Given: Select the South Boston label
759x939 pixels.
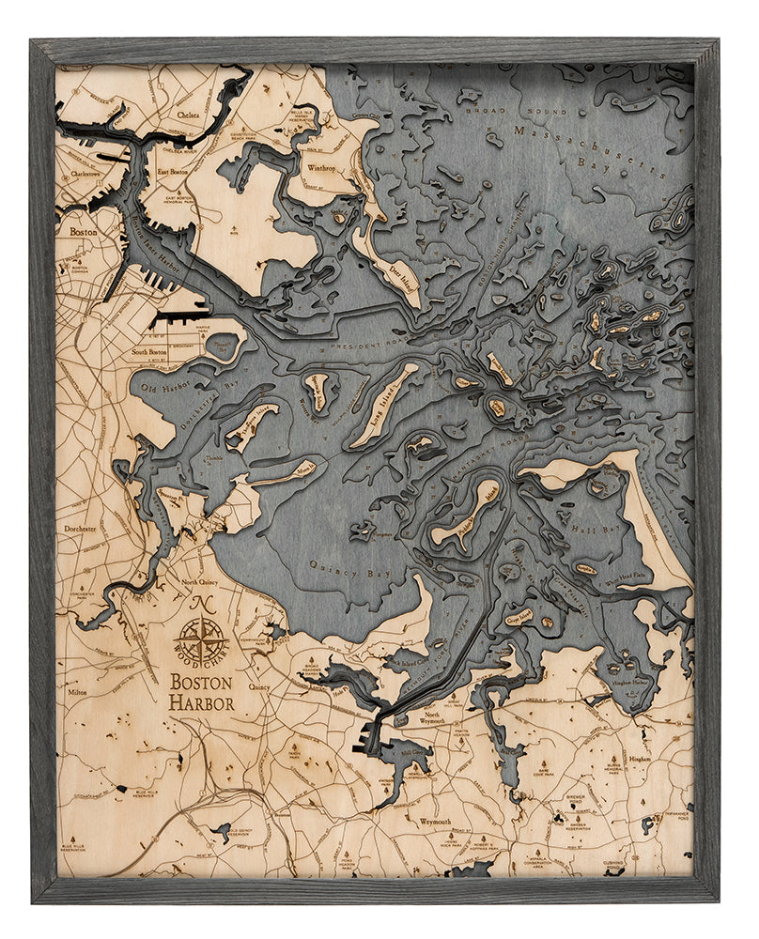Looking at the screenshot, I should pos(150,353).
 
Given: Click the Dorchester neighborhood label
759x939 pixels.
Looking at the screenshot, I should pos(80,529).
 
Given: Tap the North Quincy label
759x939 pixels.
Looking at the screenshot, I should pos(203,584).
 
